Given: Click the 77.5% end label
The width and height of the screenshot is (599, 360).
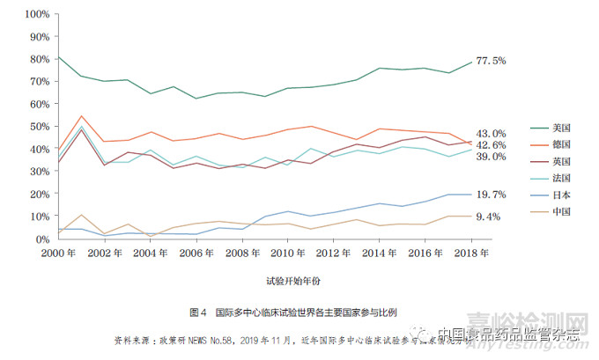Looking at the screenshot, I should pyautogui.click(x=490, y=61).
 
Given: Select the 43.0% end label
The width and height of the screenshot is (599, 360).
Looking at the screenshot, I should pyautogui.click(x=490, y=133).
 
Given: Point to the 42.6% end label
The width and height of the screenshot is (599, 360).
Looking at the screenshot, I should pyautogui.click(x=490, y=144).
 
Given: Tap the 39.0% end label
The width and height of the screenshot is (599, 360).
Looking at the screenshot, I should pyautogui.click(x=490, y=156).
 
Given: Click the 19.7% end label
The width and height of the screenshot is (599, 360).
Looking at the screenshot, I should pyautogui.click(x=490, y=194).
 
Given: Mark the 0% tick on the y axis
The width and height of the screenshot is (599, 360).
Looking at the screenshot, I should pyautogui.click(x=41, y=239).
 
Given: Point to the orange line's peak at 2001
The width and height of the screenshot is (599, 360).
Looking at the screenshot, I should pyautogui.click(x=81, y=116).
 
